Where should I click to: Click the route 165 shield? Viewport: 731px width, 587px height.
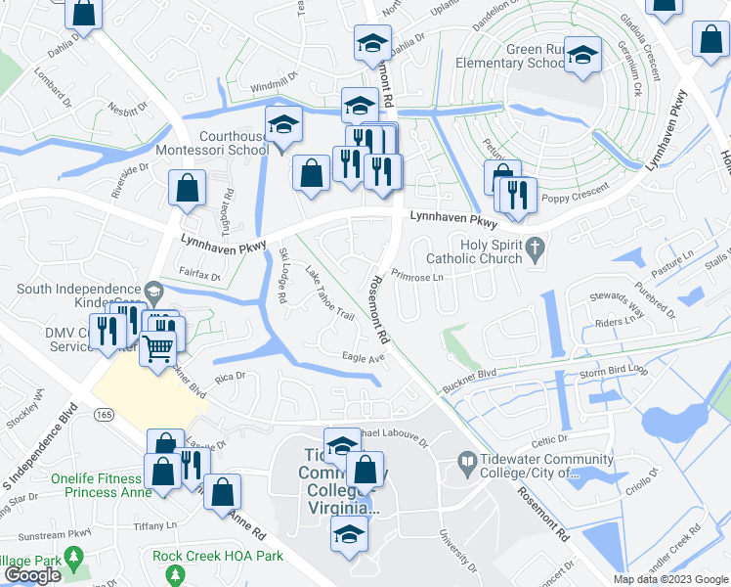coord(104,415)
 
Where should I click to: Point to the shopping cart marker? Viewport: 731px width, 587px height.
coord(157,346)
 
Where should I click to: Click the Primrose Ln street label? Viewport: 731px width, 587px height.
coord(416,277)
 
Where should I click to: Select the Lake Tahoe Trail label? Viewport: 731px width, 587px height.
coord(329,294)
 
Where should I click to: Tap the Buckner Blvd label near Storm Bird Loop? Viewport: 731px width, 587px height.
coord(467,375)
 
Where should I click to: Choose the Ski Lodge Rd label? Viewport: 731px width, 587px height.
coord(283,275)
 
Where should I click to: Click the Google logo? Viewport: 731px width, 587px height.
coord(32,575)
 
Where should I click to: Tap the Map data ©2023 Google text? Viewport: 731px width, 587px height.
coord(669,579)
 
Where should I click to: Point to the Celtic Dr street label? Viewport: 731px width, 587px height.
coord(550,442)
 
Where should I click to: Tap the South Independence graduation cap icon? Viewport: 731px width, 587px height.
coord(153,291)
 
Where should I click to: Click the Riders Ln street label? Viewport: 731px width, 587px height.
coord(615,321)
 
